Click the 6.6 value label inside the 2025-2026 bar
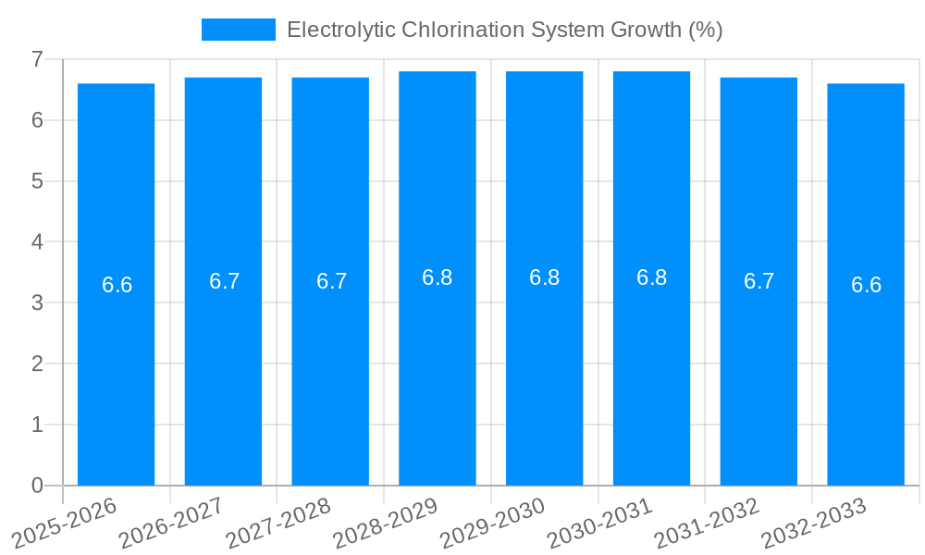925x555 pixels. tap(117, 285)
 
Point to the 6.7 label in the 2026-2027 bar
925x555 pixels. tap(225, 281)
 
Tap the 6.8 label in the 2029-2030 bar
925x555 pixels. tap(545, 277)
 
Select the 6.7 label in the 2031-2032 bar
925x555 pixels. tap(759, 281)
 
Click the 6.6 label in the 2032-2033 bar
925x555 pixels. tap(867, 285)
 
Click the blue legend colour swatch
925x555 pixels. tap(239, 30)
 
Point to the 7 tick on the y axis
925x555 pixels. tap(37, 59)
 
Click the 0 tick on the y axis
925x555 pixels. tap(37, 486)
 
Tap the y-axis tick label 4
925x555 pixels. tap(37, 242)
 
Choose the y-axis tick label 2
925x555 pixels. tap(37, 364)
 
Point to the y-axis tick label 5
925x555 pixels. tap(37, 181)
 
